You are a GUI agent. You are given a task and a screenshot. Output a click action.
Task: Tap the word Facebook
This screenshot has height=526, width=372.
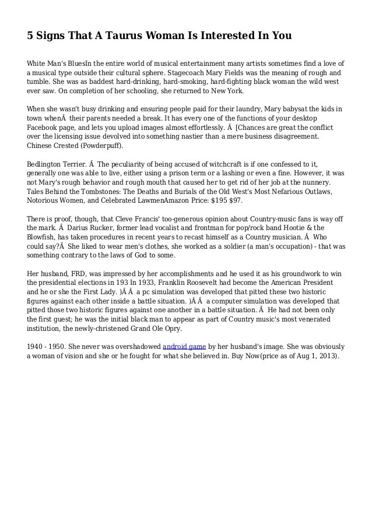pyautogui.click(x=47, y=128)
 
